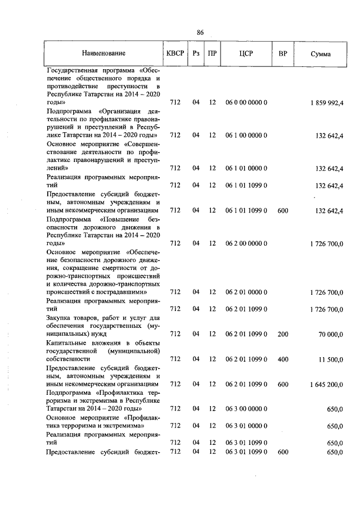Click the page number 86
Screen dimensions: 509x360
tap(200, 32)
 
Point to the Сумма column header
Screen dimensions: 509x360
tap(321, 54)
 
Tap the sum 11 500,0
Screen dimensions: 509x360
tap(331, 358)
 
